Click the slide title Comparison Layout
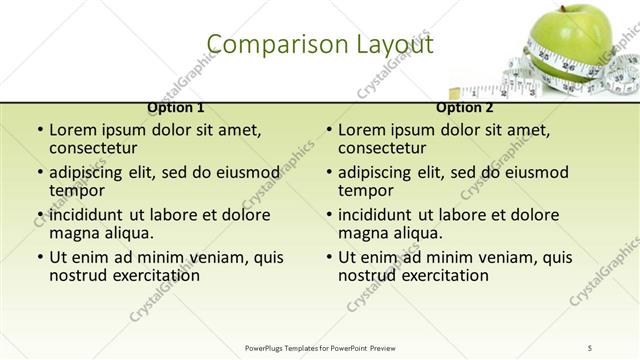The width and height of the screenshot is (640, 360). coord(320,45)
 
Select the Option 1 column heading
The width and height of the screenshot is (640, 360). coord(176,107)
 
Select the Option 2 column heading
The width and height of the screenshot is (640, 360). coord(465,107)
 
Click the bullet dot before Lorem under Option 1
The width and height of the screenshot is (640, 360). coord(40,130)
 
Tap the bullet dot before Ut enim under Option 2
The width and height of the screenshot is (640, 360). coord(329,257)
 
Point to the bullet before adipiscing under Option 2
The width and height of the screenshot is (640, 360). coord(329,172)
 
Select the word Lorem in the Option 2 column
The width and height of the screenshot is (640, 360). coord(361,130)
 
